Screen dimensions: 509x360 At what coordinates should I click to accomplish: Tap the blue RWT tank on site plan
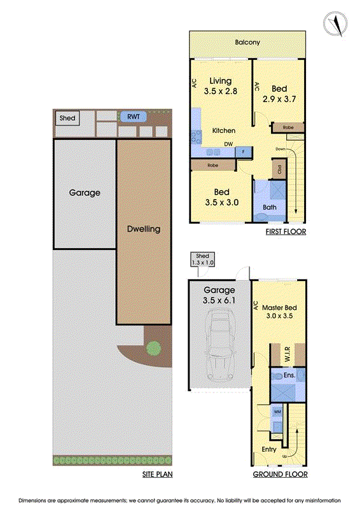coord(134,116)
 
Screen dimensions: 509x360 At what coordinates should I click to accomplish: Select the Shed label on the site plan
coord(67,118)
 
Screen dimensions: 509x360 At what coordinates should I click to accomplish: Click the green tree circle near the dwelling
coord(153,348)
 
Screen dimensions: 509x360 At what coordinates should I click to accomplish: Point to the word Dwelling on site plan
coord(142,229)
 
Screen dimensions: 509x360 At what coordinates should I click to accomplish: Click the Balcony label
coord(247,43)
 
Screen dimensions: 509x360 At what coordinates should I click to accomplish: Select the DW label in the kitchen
coord(228,144)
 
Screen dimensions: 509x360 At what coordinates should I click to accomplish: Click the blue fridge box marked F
coord(244,151)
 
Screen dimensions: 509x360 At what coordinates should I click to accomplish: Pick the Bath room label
coord(270,208)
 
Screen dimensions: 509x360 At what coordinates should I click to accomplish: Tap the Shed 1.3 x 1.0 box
coord(202,259)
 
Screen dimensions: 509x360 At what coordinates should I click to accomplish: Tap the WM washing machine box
coord(277,412)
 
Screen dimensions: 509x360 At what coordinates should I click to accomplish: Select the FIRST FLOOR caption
coord(286,232)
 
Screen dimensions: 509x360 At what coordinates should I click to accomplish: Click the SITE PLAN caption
coord(156,475)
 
